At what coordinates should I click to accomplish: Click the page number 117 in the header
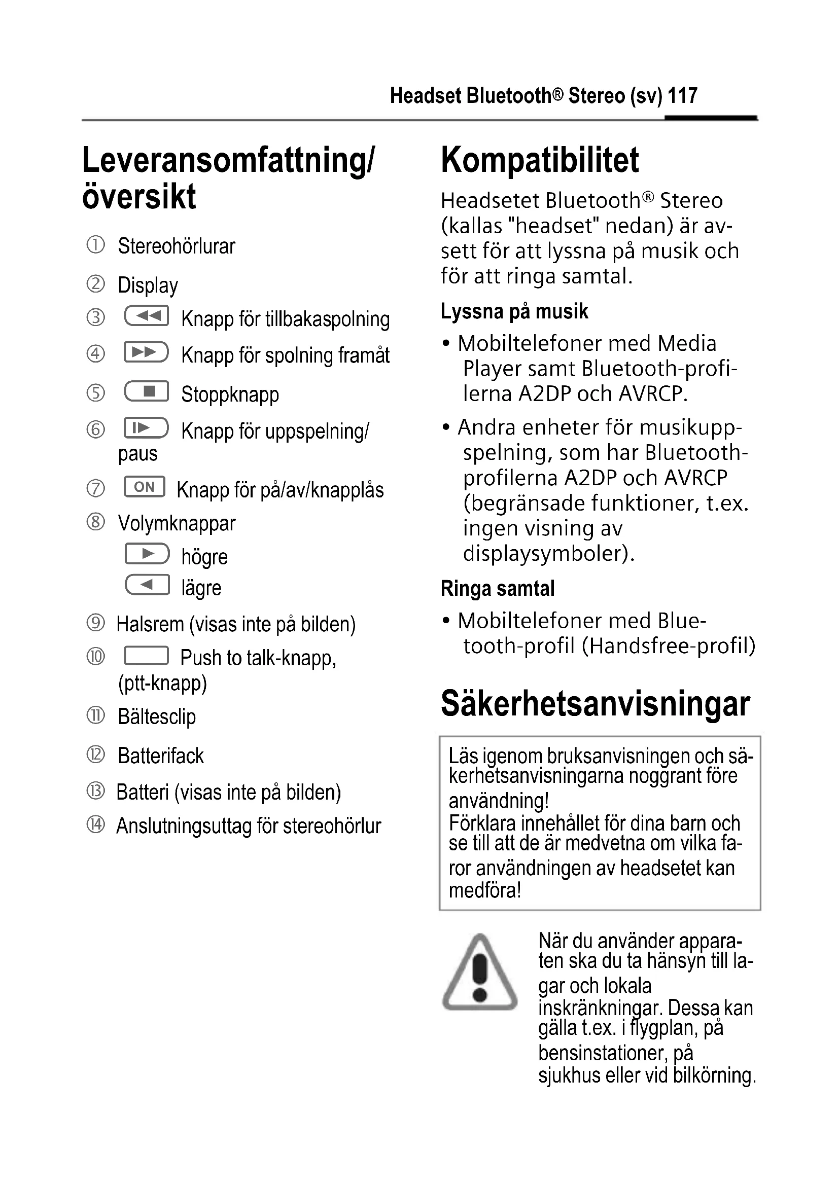pos(682,96)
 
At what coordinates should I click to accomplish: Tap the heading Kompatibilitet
pos(539,160)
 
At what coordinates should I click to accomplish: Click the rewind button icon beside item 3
pos(146,316)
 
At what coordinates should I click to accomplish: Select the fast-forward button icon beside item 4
pos(146,352)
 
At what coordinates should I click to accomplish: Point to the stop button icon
pos(146,391)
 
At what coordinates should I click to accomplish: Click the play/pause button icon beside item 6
pos(146,428)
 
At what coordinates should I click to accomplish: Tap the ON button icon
pos(144,487)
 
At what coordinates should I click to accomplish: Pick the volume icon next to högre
pos(147,554)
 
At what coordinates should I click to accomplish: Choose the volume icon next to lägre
pos(147,585)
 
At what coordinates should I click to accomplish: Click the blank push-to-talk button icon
pos(146,656)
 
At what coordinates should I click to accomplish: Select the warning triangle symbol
pos(479,973)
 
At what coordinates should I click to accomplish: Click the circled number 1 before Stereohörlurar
pos(95,245)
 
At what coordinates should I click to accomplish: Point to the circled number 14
pos(95,824)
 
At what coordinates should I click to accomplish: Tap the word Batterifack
pos(161,756)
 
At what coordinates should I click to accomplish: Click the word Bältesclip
pos(157,717)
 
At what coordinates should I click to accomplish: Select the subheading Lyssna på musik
pos(514,311)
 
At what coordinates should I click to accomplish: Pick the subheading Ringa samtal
pos(498,588)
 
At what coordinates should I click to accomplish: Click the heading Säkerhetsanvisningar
pos(595,704)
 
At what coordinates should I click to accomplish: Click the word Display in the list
pos(148,285)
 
